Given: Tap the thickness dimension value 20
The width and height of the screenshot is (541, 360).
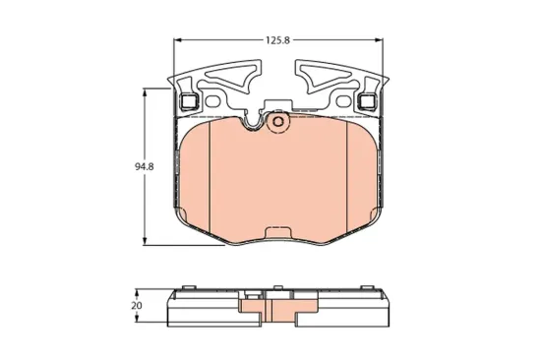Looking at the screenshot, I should click(137, 307).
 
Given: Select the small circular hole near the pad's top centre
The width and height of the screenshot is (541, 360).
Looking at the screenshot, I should click(277, 122).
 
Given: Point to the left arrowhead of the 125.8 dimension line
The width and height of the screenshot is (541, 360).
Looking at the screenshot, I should click(178, 41).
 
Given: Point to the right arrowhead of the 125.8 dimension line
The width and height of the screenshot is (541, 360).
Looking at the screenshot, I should click(383, 41).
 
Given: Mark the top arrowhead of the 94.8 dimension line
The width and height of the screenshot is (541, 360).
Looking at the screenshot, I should click(148, 91).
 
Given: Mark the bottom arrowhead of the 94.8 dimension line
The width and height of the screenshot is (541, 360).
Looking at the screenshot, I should click(148, 241).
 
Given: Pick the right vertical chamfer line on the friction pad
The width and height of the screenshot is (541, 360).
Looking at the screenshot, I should click(351, 172).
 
